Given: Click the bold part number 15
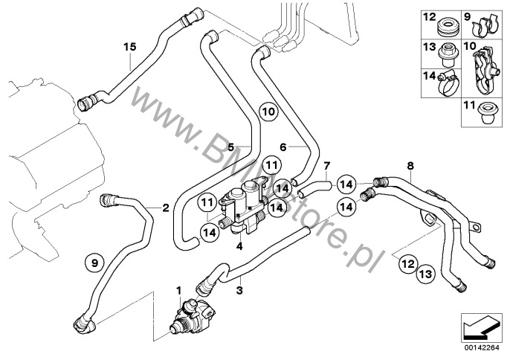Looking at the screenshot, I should coord(130,47).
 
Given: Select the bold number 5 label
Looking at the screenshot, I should coord(231,147).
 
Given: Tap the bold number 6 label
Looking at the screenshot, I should coord(283,147).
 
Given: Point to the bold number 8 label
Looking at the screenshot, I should coord(409,165).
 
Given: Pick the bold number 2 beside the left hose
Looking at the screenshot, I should coord(165,208).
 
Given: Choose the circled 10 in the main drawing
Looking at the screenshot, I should coord(268,113).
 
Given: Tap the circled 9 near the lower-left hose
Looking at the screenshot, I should coord(92,262).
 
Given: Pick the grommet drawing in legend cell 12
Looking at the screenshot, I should coord(447,24).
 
